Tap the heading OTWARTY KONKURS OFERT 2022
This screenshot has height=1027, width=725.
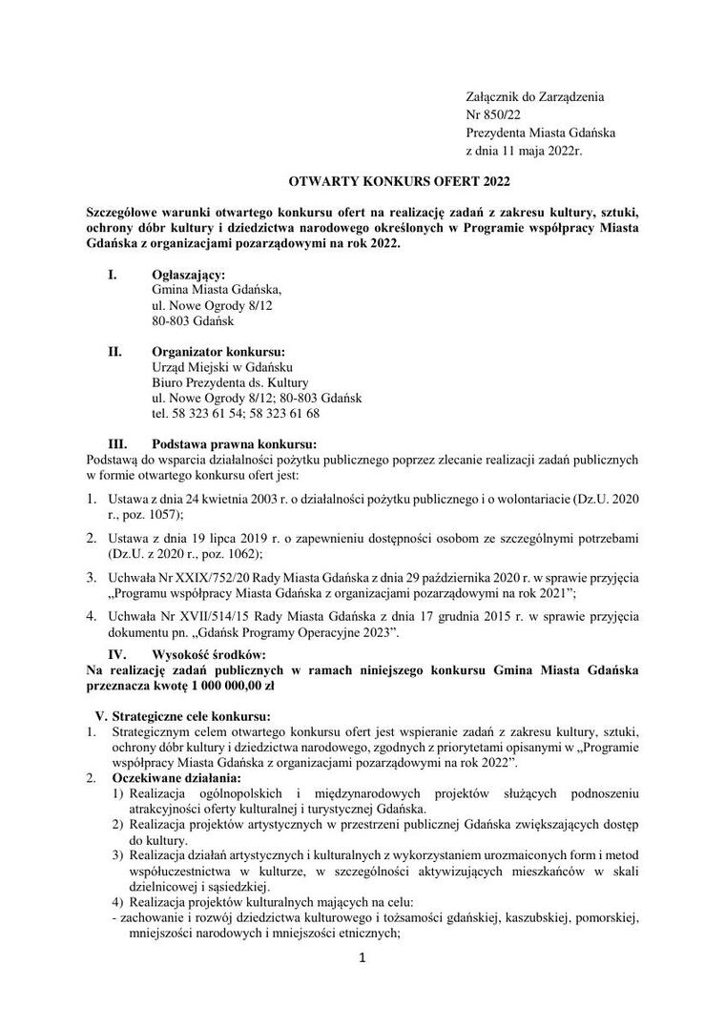[x=363, y=180]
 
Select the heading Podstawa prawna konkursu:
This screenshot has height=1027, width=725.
[x=234, y=443]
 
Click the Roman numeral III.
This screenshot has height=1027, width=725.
[x=118, y=443]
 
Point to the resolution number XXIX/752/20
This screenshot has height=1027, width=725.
[x=204, y=578]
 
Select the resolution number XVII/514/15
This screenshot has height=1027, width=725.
[x=202, y=616]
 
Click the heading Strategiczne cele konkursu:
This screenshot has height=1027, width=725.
[x=191, y=716]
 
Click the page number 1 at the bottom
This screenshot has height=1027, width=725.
[x=362, y=959]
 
